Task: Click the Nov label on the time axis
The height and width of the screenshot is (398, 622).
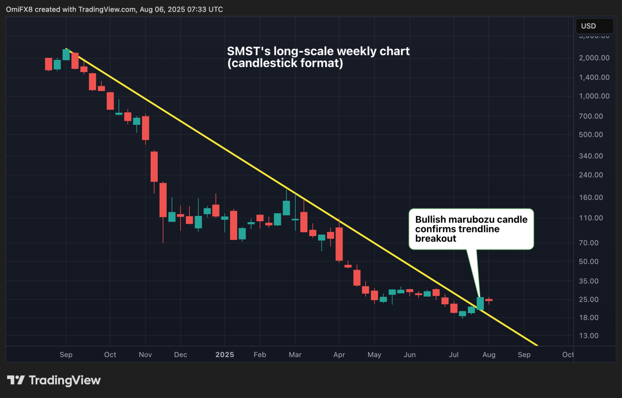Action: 145,354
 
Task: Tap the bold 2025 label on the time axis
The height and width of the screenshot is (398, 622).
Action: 224,354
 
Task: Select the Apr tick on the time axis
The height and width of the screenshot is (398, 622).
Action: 339,354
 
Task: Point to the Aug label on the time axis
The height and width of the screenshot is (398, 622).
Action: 489,354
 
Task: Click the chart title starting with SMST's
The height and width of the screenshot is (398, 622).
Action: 318,57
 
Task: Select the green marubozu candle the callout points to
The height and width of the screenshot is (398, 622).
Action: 480,303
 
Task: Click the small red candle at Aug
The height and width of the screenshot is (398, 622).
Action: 489,300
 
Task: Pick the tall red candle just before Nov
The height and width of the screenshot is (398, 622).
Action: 145,128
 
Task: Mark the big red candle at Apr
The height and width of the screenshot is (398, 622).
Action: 339,244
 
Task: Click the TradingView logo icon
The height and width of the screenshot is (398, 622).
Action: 16,380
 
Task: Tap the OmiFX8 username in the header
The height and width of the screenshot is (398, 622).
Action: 19,9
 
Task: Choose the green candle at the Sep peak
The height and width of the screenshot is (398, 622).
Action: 66,55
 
